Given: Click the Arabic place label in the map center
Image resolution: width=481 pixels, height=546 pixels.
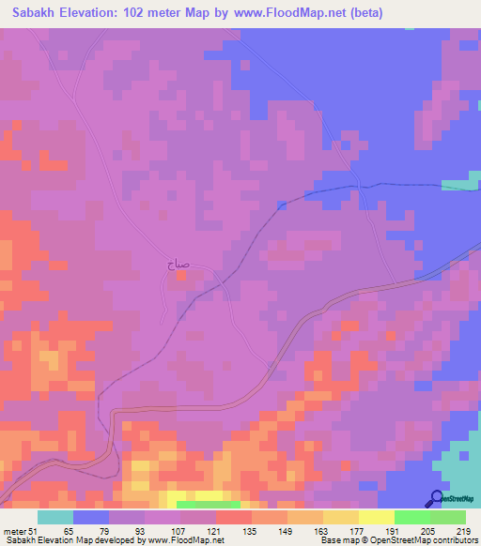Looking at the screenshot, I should click(178, 266).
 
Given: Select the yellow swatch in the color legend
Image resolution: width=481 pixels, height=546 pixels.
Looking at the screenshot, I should click(377, 517).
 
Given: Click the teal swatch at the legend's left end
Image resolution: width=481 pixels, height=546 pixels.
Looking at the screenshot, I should click(55, 517).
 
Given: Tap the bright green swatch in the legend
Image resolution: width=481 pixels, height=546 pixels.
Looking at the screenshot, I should click(412, 517).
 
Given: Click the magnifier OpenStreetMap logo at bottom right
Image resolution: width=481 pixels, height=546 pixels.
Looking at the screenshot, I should click(438, 498).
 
